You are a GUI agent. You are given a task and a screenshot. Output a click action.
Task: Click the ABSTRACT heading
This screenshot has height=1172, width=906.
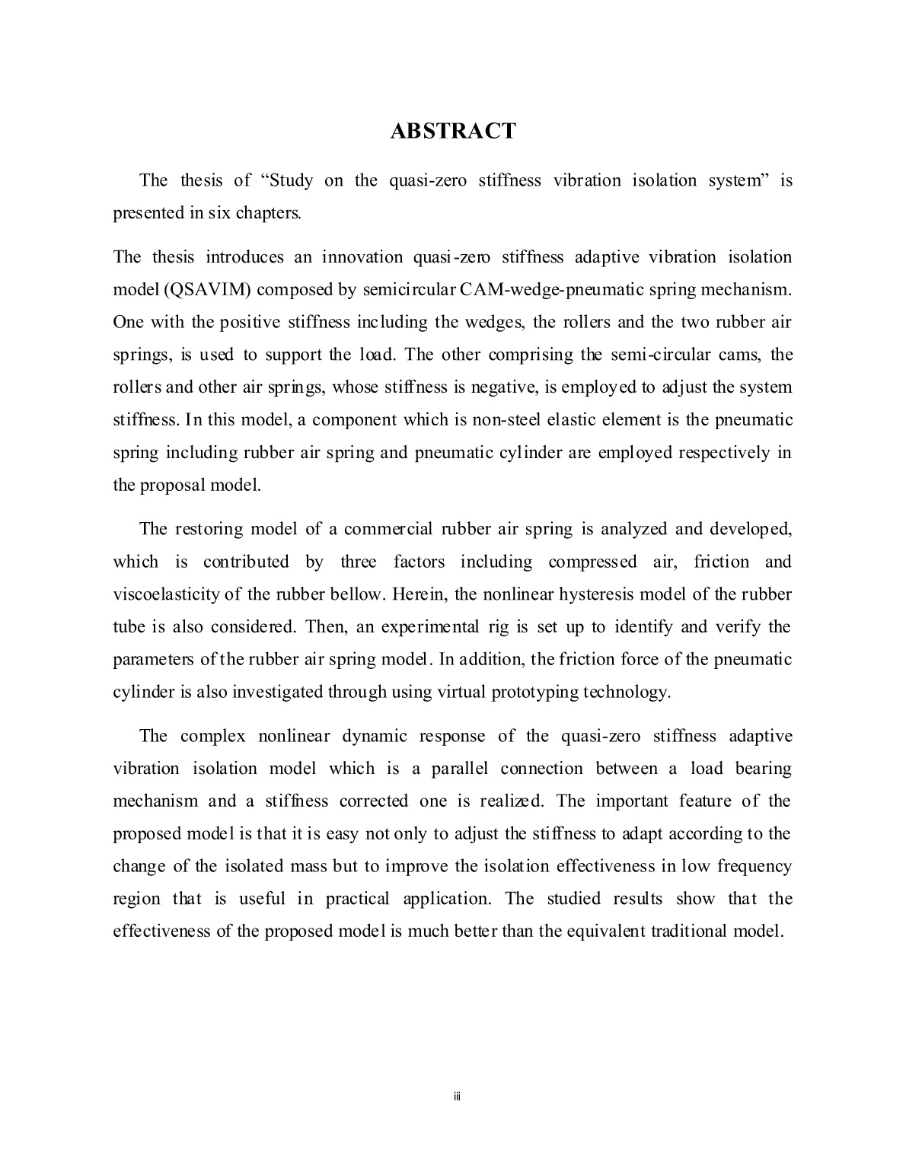click(x=452, y=131)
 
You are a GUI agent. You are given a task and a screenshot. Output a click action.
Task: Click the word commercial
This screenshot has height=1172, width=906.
click(x=388, y=529)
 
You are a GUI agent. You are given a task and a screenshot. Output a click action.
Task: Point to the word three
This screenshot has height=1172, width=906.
click(x=358, y=562)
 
